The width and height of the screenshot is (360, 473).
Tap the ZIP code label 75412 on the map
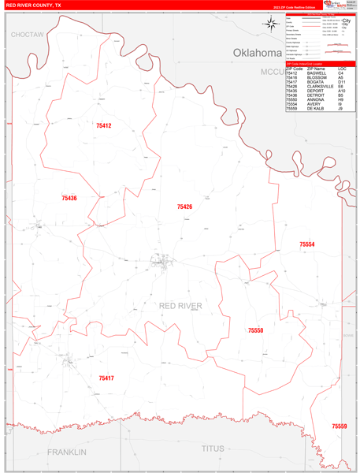coord(104,126)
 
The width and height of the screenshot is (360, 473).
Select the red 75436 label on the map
coord(69,198)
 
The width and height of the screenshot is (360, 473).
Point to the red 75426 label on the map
coord(184,207)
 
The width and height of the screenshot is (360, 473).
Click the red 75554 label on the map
coord(307,245)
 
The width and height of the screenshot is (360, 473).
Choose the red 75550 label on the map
coord(255,331)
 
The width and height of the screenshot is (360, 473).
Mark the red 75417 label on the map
coord(106,378)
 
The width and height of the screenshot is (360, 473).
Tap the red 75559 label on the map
coord(339,426)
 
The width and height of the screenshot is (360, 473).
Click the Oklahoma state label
coord(257,53)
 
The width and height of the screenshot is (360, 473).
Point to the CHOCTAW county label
coord(28,35)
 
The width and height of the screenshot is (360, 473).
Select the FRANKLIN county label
coord(66,452)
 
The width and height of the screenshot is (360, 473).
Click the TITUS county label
coord(213,449)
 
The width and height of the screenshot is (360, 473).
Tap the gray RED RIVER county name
coord(180,306)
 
